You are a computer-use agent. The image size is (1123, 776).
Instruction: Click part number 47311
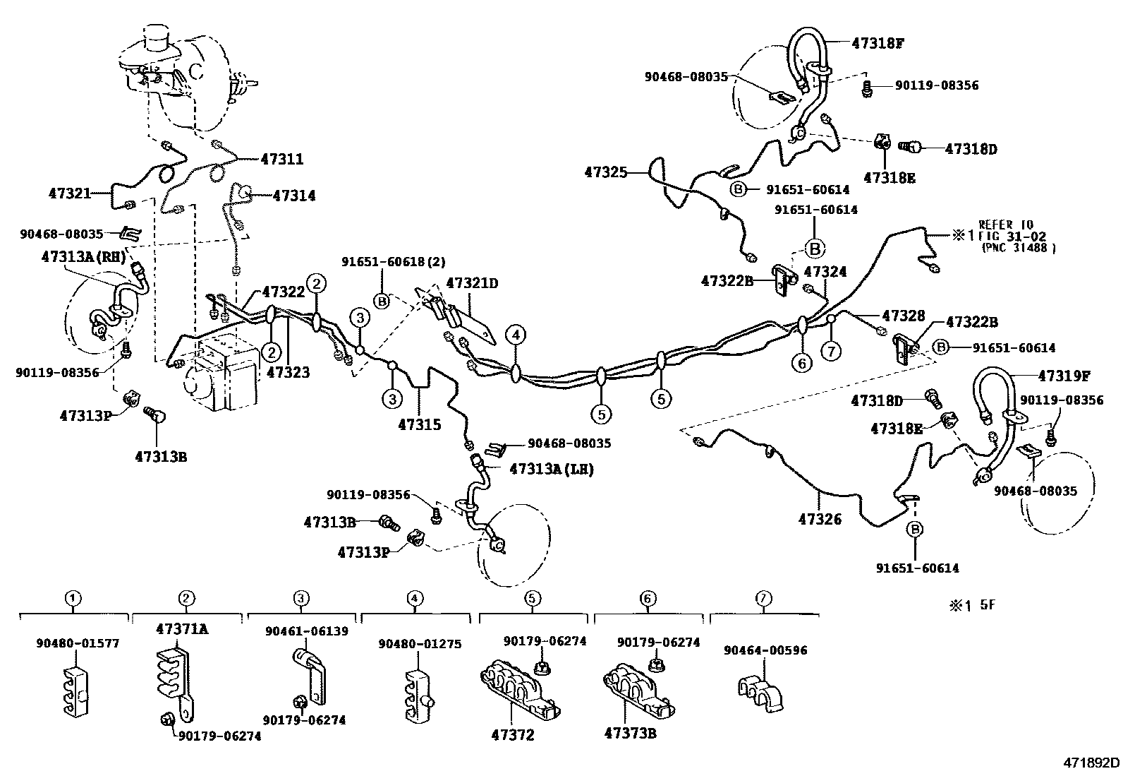pyautogui.click(x=282, y=160)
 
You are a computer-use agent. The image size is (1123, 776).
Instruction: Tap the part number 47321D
pyautogui.click(x=472, y=284)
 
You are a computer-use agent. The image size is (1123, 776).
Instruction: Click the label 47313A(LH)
pyautogui.click(x=551, y=469)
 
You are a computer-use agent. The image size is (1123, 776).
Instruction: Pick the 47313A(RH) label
pyautogui.click(x=83, y=257)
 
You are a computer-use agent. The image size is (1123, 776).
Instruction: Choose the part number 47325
pyautogui.click(x=605, y=172)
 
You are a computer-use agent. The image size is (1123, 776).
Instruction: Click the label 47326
pyautogui.click(x=820, y=519)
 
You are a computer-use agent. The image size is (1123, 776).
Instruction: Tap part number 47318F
pyautogui.click(x=878, y=43)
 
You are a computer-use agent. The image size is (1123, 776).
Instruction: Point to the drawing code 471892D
pyautogui.click(x=1091, y=763)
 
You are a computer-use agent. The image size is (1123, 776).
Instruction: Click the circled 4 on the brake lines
pyautogui.click(x=516, y=335)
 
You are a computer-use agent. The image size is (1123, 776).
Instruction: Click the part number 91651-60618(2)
pyautogui.click(x=394, y=261)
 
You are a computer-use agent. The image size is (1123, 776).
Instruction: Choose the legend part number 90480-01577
pyautogui.click(x=78, y=643)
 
